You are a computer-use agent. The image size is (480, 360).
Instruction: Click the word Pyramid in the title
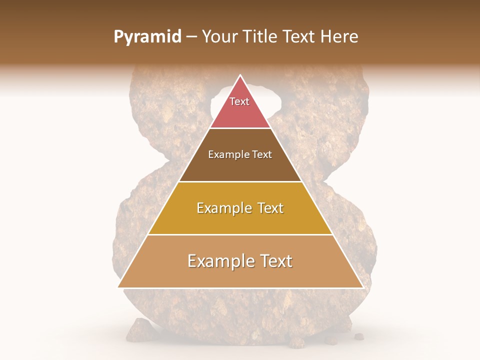147,37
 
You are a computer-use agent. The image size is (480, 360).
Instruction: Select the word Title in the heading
261,37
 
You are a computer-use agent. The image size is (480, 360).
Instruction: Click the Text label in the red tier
239,101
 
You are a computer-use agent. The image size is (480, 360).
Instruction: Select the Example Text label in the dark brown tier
240,154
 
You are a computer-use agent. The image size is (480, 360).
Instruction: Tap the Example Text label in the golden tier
240,208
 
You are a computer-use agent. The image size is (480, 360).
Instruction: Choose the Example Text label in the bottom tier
240,261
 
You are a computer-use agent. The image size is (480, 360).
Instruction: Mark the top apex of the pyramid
240,75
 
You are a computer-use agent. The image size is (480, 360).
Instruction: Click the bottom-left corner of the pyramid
118,287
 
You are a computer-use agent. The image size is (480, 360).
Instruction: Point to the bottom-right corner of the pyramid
362,287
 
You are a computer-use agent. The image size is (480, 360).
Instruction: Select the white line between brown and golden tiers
240,181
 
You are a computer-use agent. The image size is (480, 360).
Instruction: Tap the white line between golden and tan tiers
240,234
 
